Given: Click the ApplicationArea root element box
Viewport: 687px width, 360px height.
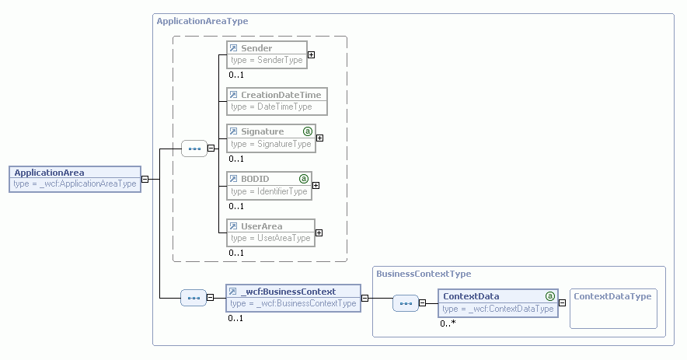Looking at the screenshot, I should [75, 178].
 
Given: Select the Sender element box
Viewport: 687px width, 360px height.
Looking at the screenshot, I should [267, 54].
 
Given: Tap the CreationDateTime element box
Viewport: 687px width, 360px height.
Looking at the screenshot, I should [276, 100].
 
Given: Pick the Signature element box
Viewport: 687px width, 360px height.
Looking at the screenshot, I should [270, 138].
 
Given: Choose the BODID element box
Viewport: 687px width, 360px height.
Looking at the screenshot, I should [269, 185].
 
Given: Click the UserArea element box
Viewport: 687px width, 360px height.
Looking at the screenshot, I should [270, 232].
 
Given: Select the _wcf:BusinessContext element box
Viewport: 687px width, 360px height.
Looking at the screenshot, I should [293, 297].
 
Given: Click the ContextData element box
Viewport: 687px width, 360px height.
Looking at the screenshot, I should [498, 302].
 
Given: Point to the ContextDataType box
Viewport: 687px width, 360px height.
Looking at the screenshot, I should [613, 309].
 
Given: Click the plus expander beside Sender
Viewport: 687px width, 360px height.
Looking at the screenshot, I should [311, 54].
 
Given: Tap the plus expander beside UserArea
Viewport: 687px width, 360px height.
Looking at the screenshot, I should [319, 232].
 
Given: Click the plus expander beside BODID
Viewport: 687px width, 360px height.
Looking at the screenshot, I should [316, 185].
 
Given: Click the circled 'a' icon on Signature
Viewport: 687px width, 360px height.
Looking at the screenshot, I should [307, 131].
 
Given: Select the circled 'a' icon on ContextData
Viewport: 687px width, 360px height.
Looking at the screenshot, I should [550, 296].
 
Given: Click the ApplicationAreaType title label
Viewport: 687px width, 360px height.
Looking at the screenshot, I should [202, 21].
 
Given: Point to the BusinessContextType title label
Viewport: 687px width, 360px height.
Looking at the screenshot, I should [424, 274].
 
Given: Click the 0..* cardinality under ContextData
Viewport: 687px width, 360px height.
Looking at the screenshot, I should [448, 323].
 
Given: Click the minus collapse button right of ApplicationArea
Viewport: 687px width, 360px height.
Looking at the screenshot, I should [145, 178].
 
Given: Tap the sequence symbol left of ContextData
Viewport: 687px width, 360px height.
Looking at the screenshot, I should [405, 303].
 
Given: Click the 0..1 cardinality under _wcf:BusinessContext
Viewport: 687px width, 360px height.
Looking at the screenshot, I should [235, 317].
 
